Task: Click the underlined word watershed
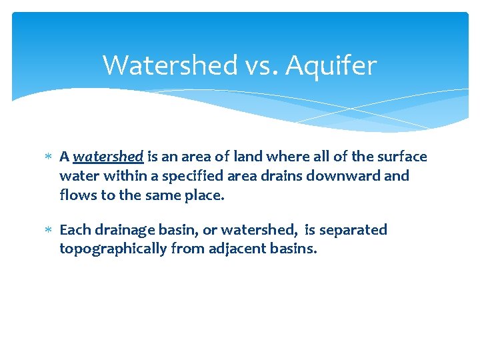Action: (x=108, y=157)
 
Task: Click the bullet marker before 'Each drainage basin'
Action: (x=47, y=231)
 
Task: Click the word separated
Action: (x=353, y=230)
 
